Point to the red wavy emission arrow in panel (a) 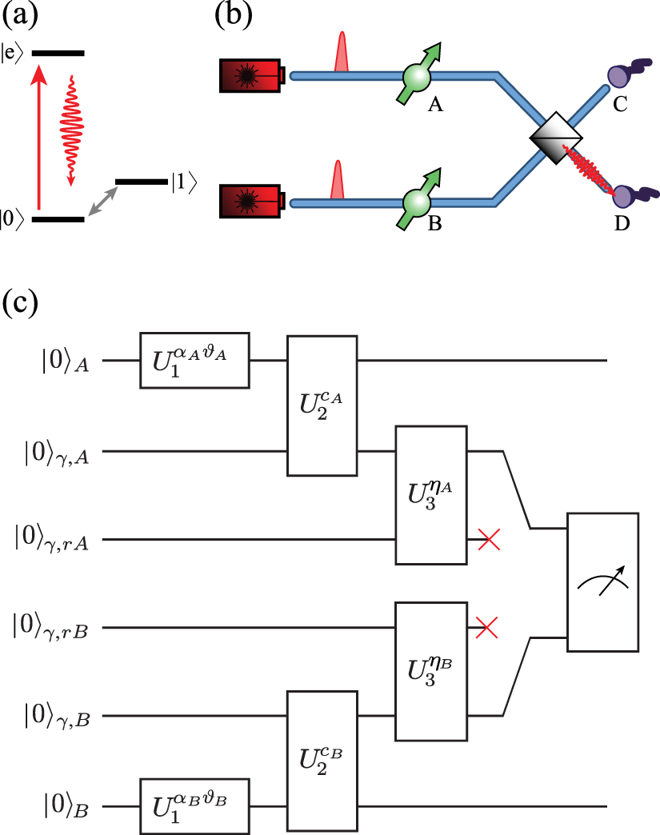click(70, 128)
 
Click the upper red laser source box click(251, 76)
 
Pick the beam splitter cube click(558, 138)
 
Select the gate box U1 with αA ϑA click(195, 361)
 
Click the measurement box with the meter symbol click(602, 582)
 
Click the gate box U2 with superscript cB click(322, 761)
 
